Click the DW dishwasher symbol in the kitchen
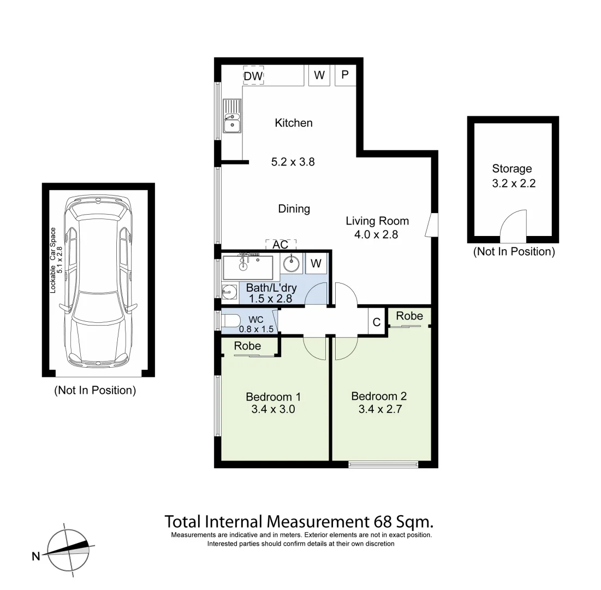[253, 76]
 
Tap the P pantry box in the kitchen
[345, 75]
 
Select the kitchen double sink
[231, 117]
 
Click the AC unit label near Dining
[281, 244]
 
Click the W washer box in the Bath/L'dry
[316, 264]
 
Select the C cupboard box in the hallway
[376, 322]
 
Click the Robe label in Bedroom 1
[247, 346]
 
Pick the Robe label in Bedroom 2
[409, 316]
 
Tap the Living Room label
[377, 221]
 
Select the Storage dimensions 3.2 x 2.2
[513, 184]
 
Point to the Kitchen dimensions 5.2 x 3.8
[293, 162]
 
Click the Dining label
[294, 209]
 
